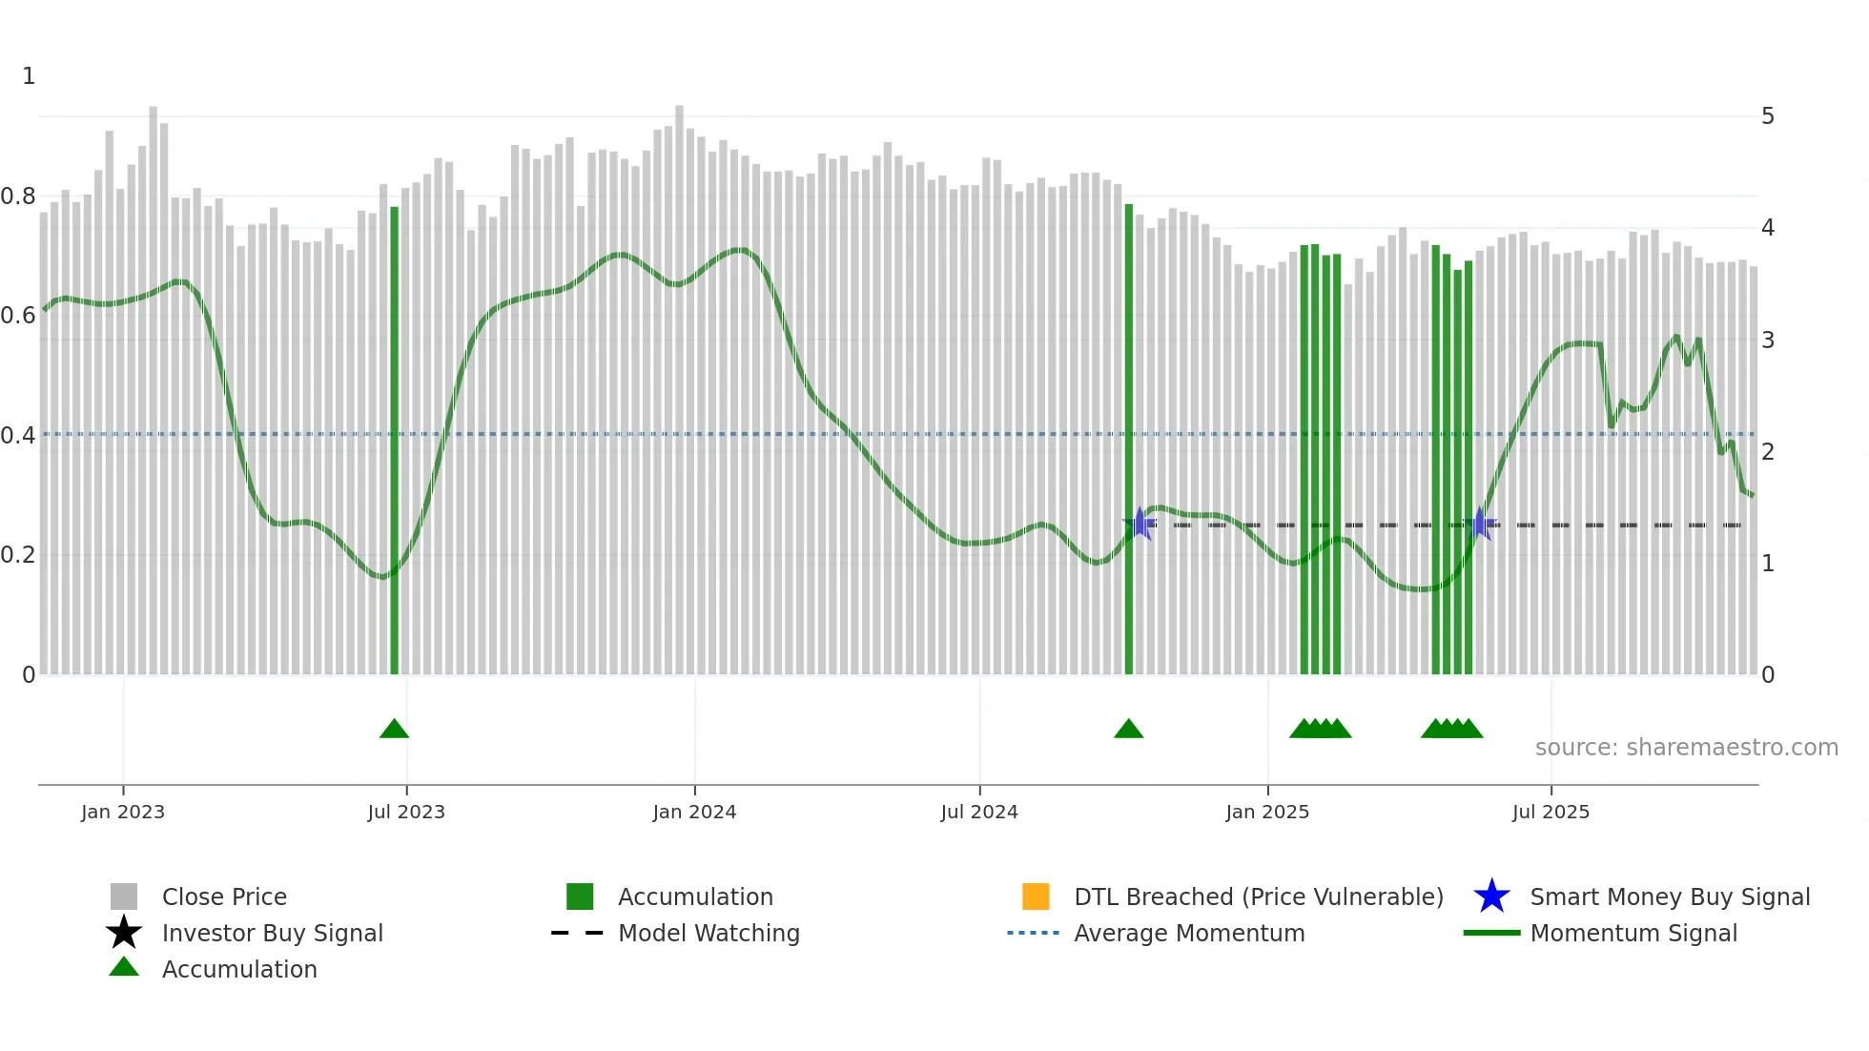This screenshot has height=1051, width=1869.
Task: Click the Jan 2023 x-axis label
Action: [x=123, y=812]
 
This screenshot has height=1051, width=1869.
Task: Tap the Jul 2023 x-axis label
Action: [x=406, y=812]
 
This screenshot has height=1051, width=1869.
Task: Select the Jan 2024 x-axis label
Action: [x=694, y=812]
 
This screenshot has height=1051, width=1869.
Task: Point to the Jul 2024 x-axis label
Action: [x=979, y=812]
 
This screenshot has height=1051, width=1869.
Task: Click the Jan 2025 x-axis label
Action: [x=1267, y=812]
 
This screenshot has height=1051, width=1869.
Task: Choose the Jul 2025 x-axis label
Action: [x=1551, y=812]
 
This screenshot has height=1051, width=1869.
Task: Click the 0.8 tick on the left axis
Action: [x=18, y=196]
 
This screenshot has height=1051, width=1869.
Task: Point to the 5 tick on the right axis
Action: [x=1768, y=116]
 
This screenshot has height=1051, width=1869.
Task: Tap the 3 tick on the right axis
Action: [x=1768, y=340]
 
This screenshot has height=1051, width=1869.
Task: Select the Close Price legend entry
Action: [x=224, y=896]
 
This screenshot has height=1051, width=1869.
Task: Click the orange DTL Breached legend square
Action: [x=1036, y=896]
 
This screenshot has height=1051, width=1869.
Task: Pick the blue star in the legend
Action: [x=1491, y=896]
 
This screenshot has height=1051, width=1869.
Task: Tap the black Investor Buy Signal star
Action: [x=124, y=933]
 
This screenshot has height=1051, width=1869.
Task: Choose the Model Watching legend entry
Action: [x=709, y=933]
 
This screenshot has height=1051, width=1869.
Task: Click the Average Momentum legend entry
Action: [x=1189, y=933]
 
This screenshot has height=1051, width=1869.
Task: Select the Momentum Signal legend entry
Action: [x=1633, y=933]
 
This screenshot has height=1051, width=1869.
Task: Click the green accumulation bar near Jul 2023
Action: [x=395, y=439]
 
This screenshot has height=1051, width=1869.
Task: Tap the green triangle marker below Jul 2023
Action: [x=394, y=730]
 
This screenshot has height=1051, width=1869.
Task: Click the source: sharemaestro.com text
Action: [x=1687, y=748]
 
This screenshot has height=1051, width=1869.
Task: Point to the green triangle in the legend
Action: [x=124, y=967]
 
